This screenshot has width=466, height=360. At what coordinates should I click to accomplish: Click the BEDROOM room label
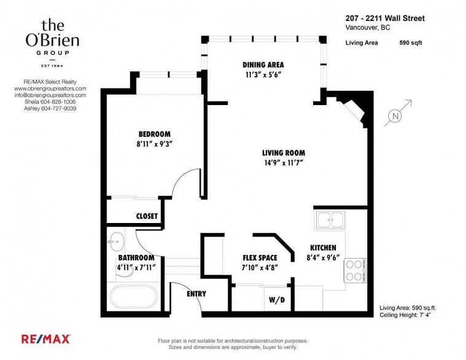155,134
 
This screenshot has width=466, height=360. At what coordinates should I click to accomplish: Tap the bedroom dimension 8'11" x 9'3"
155,144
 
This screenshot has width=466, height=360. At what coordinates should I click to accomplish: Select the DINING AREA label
263,65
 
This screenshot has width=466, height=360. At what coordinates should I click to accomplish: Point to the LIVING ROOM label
284,153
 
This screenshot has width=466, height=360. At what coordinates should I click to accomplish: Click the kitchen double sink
330,220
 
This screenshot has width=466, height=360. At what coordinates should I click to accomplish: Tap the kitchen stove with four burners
355,270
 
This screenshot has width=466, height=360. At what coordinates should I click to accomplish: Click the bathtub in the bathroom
134,296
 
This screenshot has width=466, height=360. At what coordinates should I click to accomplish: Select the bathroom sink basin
115,241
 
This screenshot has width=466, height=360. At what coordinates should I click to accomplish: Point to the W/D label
277,300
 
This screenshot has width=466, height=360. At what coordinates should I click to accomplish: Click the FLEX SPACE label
260,258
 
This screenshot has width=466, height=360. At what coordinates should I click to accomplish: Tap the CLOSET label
147,216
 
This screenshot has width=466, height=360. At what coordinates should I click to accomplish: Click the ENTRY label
196,294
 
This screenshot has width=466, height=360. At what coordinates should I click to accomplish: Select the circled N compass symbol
395,116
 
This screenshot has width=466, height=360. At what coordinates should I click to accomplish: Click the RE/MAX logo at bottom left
46,339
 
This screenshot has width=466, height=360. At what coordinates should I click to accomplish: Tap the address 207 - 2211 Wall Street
385,18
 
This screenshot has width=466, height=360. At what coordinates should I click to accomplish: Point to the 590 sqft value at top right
411,43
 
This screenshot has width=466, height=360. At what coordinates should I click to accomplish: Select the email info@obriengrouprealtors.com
50,95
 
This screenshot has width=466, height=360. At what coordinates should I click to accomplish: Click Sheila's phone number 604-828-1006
58,101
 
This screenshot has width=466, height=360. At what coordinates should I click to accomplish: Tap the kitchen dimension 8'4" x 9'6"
323,258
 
